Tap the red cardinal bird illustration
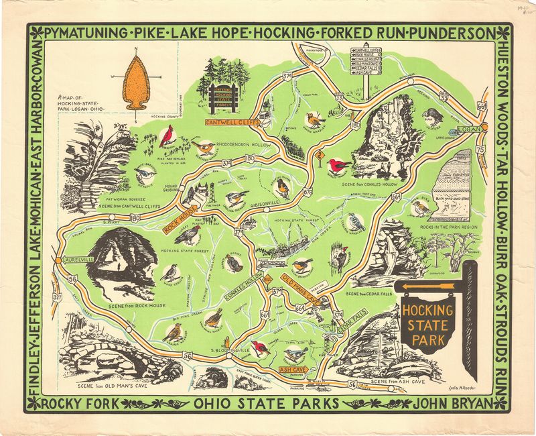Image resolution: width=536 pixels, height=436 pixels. click(x=165, y=137)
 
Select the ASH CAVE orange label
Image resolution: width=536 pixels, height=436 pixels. click(x=292, y=369)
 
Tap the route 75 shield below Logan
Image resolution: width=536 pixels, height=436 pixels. click(x=497, y=150)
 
